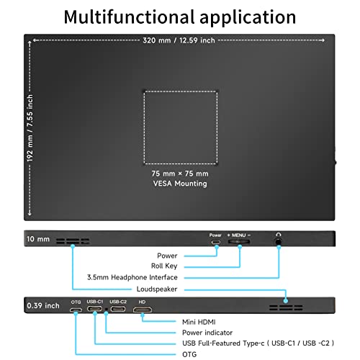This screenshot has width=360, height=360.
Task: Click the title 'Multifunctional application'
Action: pyautogui.click(x=180, y=17)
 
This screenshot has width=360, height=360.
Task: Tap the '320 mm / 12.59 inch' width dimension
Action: pyautogui.click(x=179, y=40)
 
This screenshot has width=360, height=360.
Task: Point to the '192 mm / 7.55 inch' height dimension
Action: pyautogui.click(x=30, y=128)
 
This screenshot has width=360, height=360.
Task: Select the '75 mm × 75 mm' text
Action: pyautogui.click(x=180, y=174)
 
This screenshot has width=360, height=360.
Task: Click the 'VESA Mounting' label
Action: pyautogui.click(x=180, y=184)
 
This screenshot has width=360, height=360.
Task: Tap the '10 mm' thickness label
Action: pyautogui.click(x=38, y=239)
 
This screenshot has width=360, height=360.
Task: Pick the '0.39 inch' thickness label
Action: pyautogui.click(x=43, y=305)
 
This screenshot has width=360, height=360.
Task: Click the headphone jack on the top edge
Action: pyautogui.click(x=278, y=241)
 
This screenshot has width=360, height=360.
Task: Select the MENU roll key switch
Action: pyautogui.click(x=239, y=241)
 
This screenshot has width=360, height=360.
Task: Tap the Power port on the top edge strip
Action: pyautogui.click(x=215, y=242)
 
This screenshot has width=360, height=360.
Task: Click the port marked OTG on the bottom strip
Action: pyautogui.click(x=76, y=310)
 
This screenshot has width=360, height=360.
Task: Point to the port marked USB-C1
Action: pyautogui.click(x=94, y=309)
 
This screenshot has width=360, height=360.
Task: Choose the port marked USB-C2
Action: pyautogui.click(x=118, y=309)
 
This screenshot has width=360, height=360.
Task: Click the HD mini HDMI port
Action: pyautogui.click(x=143, y=310)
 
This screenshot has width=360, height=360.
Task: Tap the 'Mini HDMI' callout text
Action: pyautogui.click(x=199, y=322)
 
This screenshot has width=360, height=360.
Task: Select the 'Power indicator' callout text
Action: pyautogui.click(x=207, y=333)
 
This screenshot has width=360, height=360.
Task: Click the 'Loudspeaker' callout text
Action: pyautogui.click(x=157, y=289)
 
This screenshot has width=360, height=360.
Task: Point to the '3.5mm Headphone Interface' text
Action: pyautogui.click(x=132, y=277)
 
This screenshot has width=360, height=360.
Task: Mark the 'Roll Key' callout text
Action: pyautogui.click(x=164, y=266)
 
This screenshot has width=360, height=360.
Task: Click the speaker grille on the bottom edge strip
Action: pyautogui.click(x=286, y=307)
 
